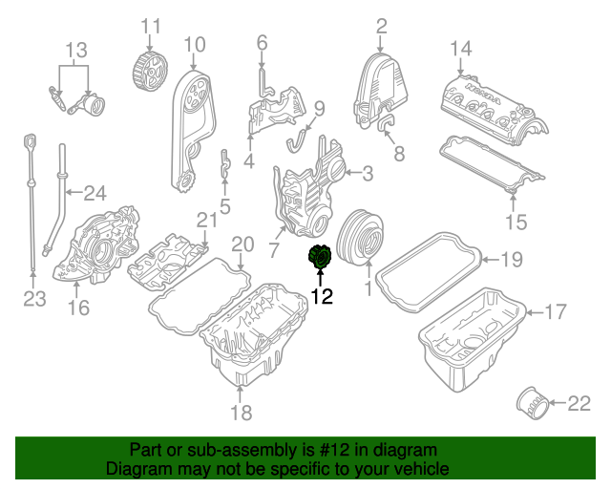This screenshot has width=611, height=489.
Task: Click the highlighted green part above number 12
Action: tap(320, 259)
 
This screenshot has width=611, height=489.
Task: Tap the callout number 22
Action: tap(579, 405)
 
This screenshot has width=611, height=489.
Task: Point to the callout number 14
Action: tap(461, 48)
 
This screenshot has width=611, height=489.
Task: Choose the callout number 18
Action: tap(241, 413)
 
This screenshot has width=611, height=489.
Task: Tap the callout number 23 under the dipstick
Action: tap(34, 301)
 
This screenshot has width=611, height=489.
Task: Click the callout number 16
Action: tap(78, 307)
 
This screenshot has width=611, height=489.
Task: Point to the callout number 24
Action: tap(94, 194)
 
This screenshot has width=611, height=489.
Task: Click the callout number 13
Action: tap(75, 50)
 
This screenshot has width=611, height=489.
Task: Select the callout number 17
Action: tap(555, 310)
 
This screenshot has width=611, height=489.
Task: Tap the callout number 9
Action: tap(319, 108)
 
